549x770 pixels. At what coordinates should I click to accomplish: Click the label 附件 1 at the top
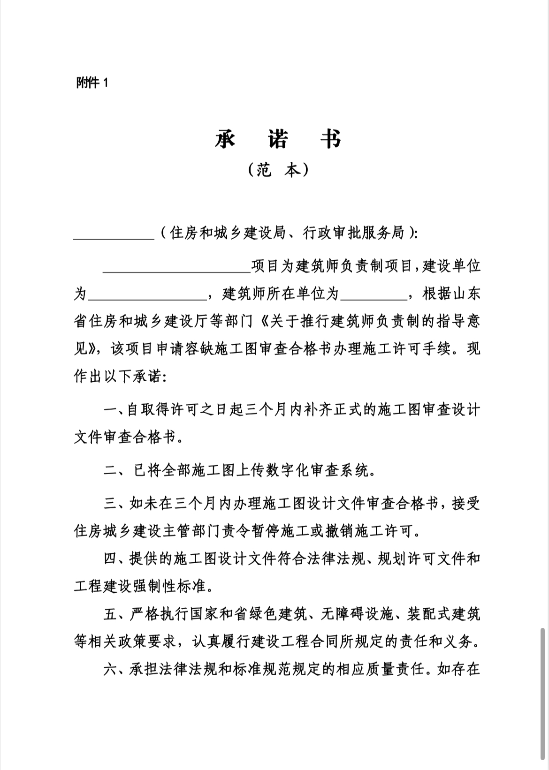tap(92, 83)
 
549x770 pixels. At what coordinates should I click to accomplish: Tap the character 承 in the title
tap(225, 139)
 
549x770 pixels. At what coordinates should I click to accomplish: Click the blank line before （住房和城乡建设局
tap(114, 234)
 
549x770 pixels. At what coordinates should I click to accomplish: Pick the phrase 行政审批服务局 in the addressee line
tap(354, 233)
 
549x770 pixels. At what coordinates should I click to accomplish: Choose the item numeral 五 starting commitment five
tap(110, 614)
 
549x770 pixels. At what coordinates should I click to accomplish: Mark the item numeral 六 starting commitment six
tap(110, 669)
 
